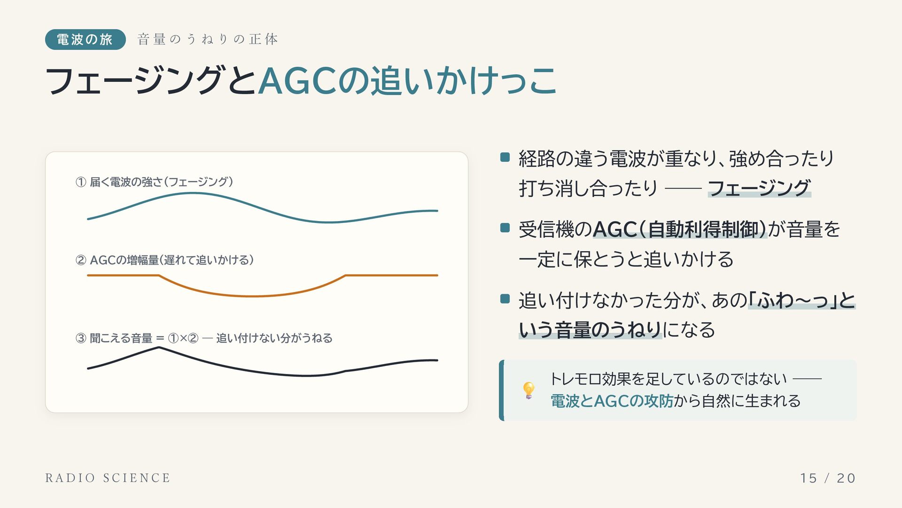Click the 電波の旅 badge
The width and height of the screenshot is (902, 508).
pyautogui.click(x=85, y=40)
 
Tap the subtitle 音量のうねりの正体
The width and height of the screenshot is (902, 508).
pyautogui.click(x=208, y=39)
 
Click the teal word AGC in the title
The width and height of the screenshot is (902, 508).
pyautogui.click(x=297, y=81)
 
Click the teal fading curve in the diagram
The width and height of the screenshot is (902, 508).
pyautogui.click(x=263, y=207)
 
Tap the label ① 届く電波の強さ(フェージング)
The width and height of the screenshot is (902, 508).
pyautogui.click(x=154, y=182)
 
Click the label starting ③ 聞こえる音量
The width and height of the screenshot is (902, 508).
pyautogui.click(x=204, y=338)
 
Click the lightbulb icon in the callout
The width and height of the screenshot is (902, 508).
pyautogui.click(x=529, y=390)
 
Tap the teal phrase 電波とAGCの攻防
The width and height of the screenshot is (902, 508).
pyautogui.click(x=612, y=401)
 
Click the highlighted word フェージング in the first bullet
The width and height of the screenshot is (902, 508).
pyautogui.click(x=759, y=188)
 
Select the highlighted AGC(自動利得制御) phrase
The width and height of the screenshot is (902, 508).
pyautogui.click(x=680, y=230)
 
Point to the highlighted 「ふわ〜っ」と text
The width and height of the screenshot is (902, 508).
pyautogui.click(x=801, y=300)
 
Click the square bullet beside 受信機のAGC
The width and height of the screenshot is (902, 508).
pyautogui.click(x=505, y=228)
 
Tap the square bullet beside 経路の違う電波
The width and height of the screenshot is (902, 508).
pyautogui.click(x=505, y=157)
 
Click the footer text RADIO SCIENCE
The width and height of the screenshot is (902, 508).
pyautogui.click(x=108, y=478)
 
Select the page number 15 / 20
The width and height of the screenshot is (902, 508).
pyautogui.click(x=828, y=478)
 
